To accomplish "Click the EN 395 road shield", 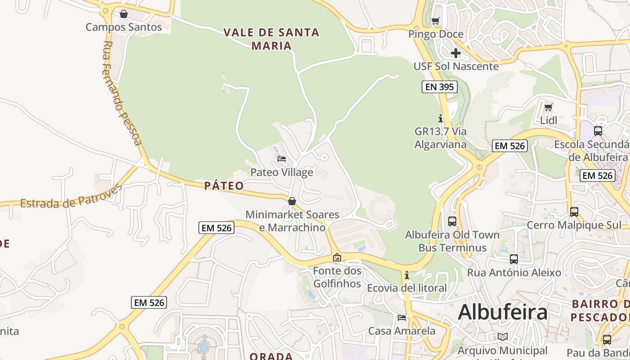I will pos(440,87).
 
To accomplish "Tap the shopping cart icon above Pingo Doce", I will pos(435,21).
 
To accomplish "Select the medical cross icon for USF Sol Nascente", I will pos(456,53).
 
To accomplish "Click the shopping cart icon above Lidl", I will pos(548,107).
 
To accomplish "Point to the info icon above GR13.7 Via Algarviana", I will pos(441,119).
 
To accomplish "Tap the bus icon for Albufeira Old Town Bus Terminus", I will pos(452,221).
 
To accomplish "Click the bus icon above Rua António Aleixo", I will pos(514,259).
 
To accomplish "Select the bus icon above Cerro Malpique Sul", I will pos(574,212).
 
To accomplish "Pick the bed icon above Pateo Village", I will pos(282,159).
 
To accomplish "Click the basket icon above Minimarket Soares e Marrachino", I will pos(292,201).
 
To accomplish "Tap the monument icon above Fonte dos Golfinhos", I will pos(337,258).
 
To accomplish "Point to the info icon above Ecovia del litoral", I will pos(407,275).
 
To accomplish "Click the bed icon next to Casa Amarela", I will pos(402,317).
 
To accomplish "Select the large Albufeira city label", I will pos(503,312).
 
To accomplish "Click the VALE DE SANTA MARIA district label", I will pos(271,39).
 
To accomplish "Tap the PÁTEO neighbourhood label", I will pos(224,185).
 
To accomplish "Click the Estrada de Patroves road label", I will pos(71,198).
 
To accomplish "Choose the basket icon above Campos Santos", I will pos(124,14).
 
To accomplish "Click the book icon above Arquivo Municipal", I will pos(503,337).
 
